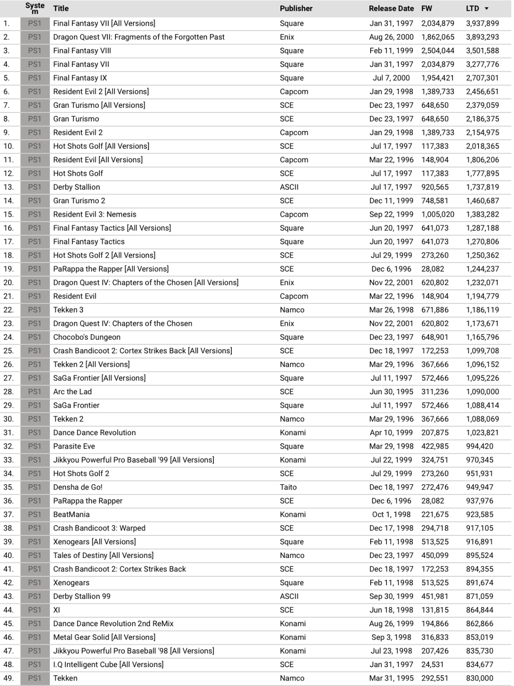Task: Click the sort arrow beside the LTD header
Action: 487,9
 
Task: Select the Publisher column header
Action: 296,9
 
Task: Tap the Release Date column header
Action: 391,9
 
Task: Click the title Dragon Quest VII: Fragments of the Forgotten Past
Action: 139,37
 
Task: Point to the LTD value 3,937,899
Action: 482,23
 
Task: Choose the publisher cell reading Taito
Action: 288,487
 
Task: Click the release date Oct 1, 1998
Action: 391,515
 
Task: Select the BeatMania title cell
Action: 71,515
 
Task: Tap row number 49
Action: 9,678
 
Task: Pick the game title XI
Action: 57,610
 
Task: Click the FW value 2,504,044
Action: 438,51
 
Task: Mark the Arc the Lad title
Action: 72,392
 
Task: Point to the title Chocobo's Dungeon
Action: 87,337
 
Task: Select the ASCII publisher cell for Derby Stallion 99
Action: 289,597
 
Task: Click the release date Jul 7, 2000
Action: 391,78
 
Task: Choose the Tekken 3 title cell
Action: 68,310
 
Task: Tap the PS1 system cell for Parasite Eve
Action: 35,446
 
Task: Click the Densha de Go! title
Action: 78,487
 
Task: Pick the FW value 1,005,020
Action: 438,214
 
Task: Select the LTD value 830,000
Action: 479,678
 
